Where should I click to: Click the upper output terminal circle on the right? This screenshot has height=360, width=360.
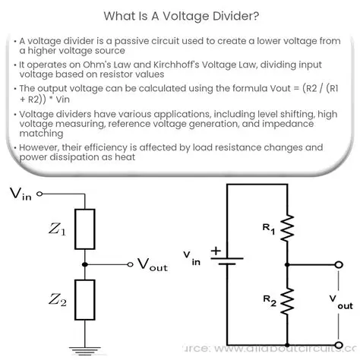click(x=339, y=266)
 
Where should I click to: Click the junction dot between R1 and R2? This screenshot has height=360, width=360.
click(x=286, y=266)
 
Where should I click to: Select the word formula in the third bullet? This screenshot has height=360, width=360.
click(x=226, y=101)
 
